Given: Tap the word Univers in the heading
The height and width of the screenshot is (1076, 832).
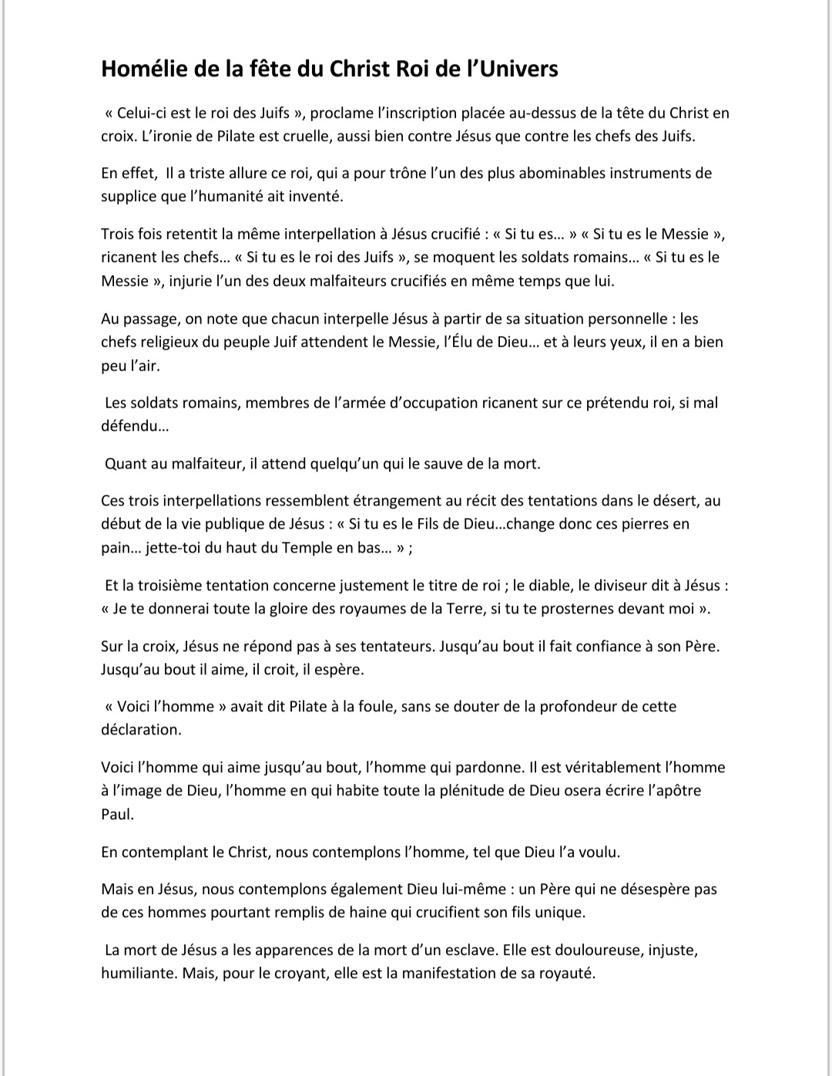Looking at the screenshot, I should coord(518,69).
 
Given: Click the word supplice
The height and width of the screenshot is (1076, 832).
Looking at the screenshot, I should coord(129,196).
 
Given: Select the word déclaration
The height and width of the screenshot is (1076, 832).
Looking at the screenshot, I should coord(141,729).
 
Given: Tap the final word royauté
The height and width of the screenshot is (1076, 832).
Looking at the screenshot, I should coord(566,973).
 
